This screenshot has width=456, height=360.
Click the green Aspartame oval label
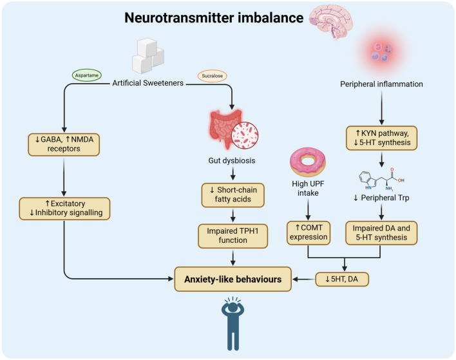(87, 75)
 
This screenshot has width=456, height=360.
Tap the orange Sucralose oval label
(213, 76)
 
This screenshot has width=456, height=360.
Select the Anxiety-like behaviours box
(233, 279)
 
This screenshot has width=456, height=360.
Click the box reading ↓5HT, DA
(342, 279)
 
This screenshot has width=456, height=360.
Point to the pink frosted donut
(308, 162)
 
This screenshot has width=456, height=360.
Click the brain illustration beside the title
(330, 21)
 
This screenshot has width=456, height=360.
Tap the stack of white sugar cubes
(148, 56)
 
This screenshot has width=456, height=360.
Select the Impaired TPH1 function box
(233, 236)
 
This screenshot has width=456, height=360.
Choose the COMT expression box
(309, 232)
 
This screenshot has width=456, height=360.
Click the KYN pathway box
(381, 138)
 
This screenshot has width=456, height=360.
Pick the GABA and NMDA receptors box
(64, 144)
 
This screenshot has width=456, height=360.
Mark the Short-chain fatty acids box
(233, 195)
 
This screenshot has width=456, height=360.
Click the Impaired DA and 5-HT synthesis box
(381, 233)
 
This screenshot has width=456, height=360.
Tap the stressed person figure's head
(233, 308)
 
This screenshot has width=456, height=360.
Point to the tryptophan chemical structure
(381, 180)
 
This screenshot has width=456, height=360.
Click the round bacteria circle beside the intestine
(245, 135)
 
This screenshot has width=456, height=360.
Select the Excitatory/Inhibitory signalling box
(64, 209)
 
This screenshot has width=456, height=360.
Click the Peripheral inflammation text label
(381, 84)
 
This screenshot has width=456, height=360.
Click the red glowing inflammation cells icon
(381, 52)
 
